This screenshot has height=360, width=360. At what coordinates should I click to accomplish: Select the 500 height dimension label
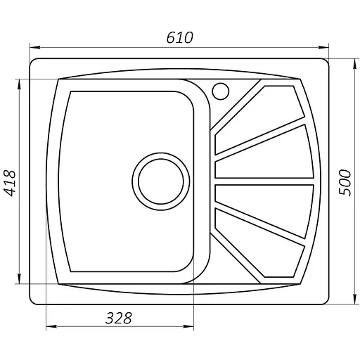click(344, 181)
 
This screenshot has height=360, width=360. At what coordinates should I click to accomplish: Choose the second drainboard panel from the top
click(265, 152)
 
